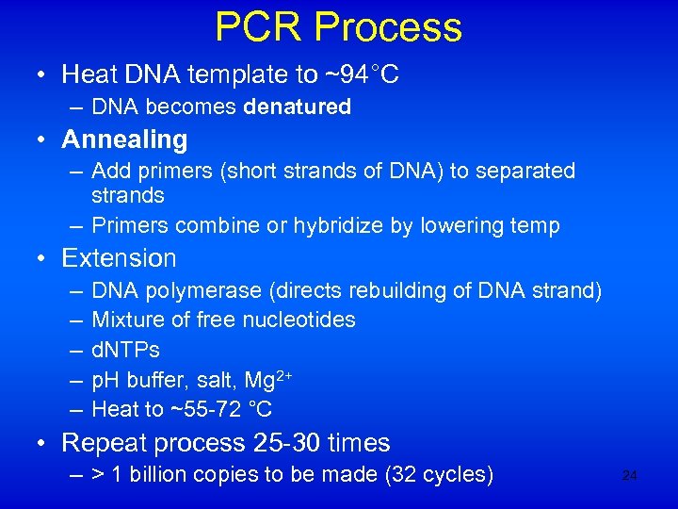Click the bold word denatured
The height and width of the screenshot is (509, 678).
click(297, 107)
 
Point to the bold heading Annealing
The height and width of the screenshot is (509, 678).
click(124, 140)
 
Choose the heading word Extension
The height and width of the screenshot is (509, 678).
click(119, 258)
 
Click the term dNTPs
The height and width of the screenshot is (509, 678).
click(125, 350)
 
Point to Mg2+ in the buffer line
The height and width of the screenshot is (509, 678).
click(267, 379)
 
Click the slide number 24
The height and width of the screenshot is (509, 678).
click(630, 476)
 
